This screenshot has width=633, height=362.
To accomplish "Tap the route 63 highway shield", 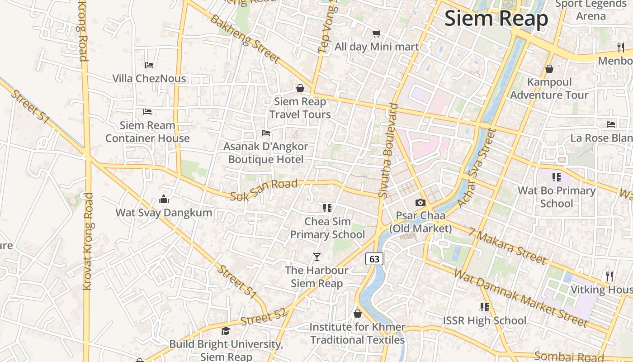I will [374, 259].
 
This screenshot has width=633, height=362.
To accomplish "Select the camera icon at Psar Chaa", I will [420, 202].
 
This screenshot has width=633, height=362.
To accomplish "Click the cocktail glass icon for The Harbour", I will [317, 257].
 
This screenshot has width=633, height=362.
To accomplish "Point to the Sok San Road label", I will [264, 190].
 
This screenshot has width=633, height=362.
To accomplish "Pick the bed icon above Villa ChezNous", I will [149, 65].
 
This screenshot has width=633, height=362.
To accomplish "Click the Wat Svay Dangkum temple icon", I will [164, 199].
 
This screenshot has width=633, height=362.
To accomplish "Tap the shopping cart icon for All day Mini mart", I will [376, 33].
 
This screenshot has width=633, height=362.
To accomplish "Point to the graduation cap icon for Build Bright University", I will [226, 331].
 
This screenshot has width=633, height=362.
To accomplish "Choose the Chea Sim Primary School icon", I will [327, 208].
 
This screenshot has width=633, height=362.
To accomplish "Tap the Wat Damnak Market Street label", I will [520, 298].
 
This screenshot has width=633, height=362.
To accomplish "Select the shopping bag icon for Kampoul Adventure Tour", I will [549, 69].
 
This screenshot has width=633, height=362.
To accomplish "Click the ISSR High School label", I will [484, 320].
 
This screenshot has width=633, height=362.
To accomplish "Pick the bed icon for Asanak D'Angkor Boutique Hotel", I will [266, 133].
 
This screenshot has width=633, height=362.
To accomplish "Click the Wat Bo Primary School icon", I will [556, 177].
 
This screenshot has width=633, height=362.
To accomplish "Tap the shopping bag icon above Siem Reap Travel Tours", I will [300, 88].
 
